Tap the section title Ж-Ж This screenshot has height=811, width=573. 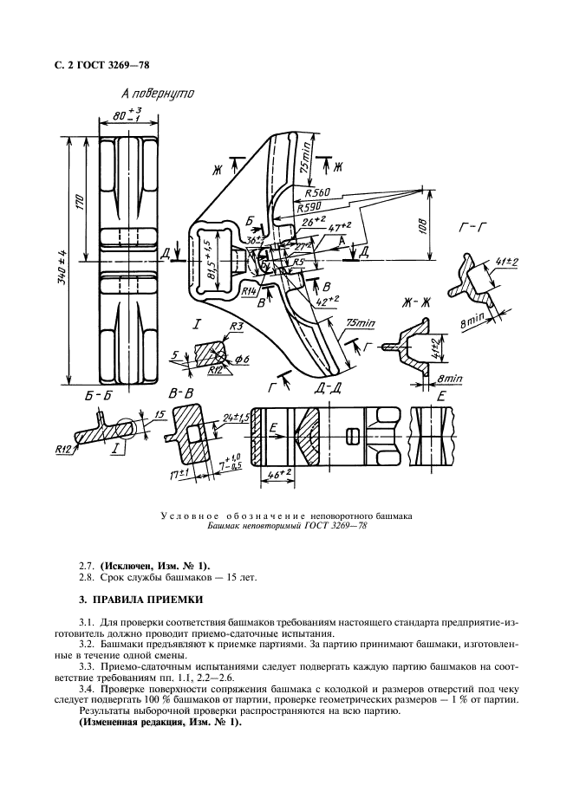[416, 302]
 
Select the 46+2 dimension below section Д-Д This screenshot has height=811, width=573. [278, 476]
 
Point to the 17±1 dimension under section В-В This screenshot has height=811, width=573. [179, 476]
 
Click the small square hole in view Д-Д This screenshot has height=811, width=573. [352, 435]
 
